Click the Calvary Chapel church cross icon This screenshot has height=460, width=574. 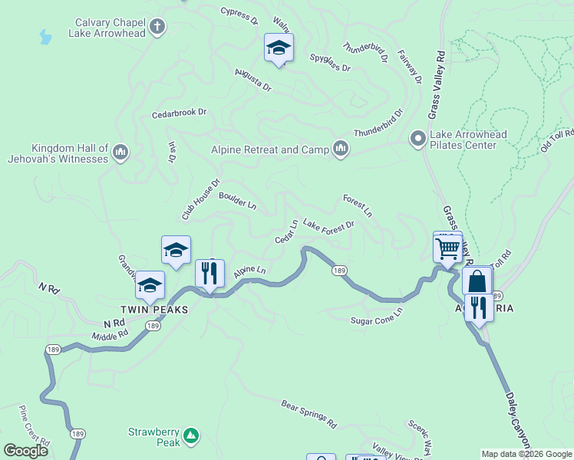(x=157, y=28)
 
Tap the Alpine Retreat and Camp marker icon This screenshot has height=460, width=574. (x=341, y=149)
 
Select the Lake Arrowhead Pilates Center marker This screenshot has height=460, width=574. (x=418, y=139)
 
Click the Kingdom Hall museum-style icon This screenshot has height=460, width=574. (x=120, y=153)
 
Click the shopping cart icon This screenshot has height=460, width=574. (x=447, y=248)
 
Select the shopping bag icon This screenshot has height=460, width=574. (x=477, y=281)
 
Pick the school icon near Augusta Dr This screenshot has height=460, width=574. (x=279, y=49)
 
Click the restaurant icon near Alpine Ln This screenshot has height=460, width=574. (x=209, y=272)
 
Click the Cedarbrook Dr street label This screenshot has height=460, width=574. (x=180, y=113)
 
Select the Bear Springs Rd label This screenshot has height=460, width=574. (x=308, y=414)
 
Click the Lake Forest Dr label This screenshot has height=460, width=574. (x=328, y=225)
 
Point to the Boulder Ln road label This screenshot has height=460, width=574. (x=237, y=201)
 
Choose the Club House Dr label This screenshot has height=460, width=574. (x=201, y=199)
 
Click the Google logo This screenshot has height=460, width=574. (x=25, y=451)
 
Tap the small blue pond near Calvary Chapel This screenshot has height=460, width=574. (x=45, y=37)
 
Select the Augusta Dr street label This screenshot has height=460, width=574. (x=252, y=79)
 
